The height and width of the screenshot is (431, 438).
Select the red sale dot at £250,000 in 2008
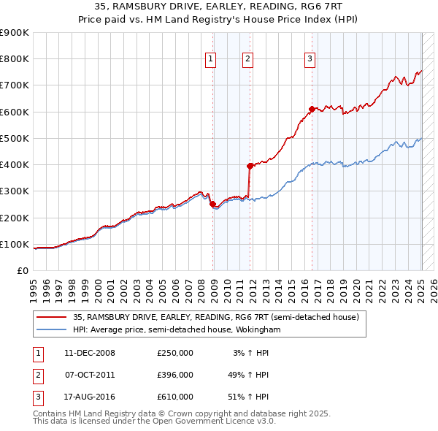click(213, 205)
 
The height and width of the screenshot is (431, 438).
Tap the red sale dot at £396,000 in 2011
click(250, 166)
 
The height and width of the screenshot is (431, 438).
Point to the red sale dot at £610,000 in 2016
click(312, 109)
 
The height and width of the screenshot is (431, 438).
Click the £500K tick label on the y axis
click(15, 138)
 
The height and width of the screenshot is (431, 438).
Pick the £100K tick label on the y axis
click(15, 244)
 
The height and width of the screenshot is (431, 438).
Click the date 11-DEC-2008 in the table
click(90, 353)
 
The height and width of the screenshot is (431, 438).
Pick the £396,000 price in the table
click(175, 375)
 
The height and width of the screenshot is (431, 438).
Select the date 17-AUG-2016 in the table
click(90, 397)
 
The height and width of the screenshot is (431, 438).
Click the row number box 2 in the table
click(36, 375)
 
